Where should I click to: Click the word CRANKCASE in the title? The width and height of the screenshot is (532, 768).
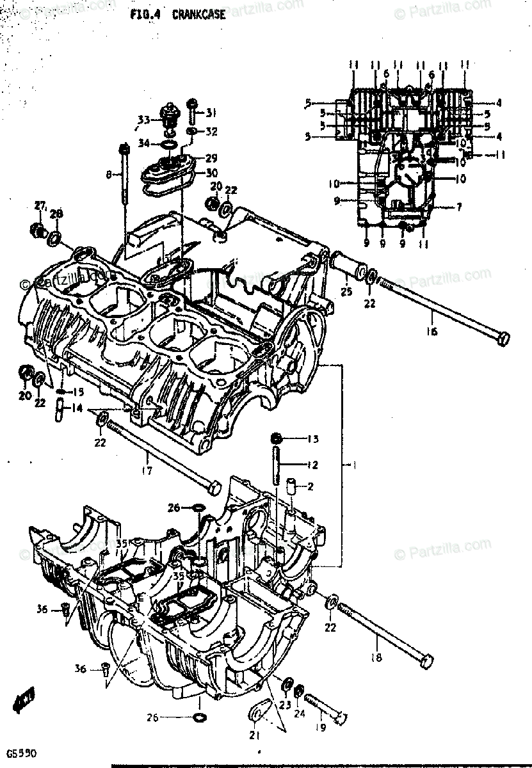(x=198, y=15)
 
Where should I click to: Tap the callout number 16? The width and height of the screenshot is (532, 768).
(x=431, y=331)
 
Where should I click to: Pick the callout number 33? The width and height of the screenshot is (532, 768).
(x=143, y=120)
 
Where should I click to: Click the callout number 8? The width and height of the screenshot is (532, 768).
(x=109, y=173)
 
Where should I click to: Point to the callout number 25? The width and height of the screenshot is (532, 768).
(x=346, y=292)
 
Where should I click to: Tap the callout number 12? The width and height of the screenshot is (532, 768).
(x=312, y=465)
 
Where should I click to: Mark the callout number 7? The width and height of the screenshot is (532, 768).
(x=459, y=206)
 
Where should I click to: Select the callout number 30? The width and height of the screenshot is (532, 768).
(x=212, y=173)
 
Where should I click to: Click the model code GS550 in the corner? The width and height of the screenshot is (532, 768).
(x=18, y=755)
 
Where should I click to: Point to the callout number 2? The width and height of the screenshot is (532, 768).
(x=310, y=487)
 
